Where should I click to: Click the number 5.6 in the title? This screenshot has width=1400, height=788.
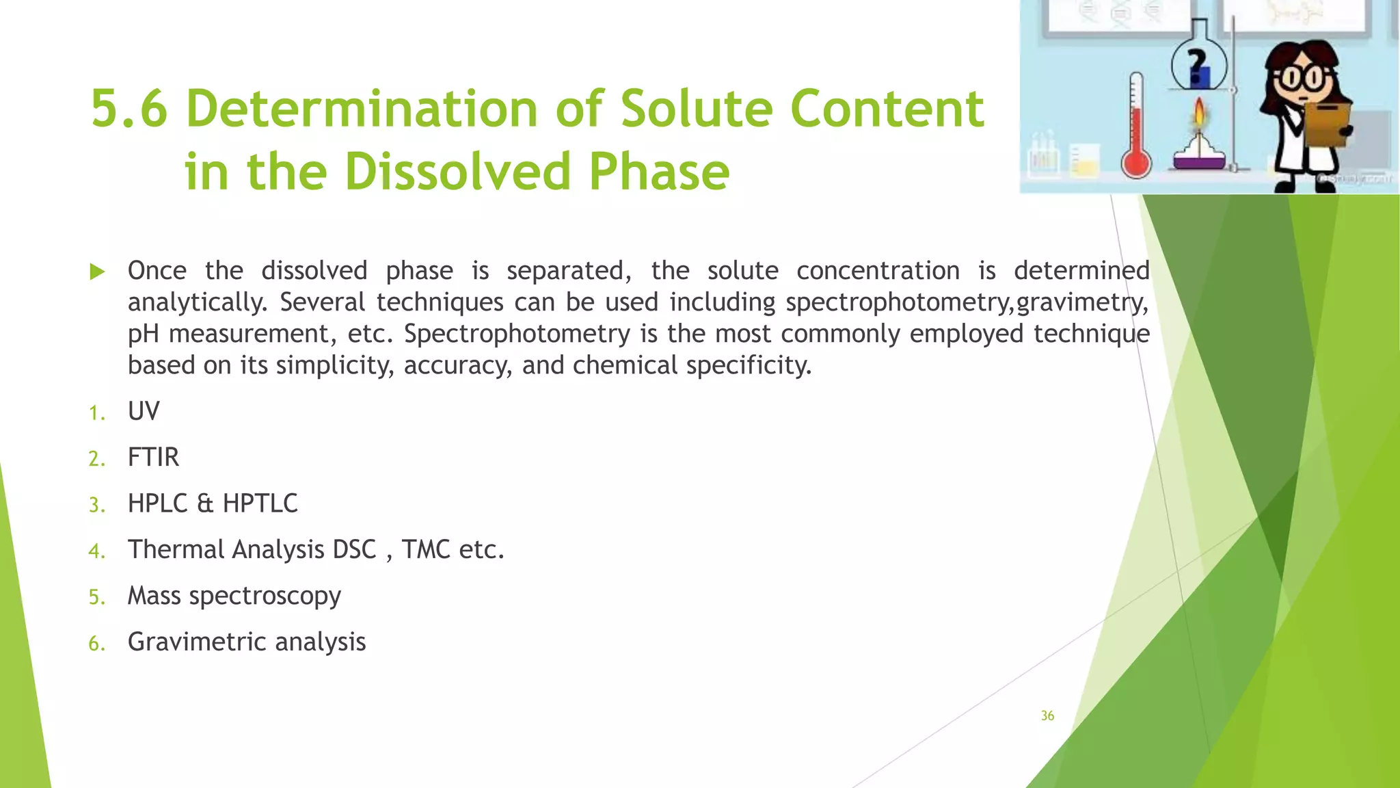coord(129,109)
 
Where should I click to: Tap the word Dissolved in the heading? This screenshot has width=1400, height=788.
coord(457,172)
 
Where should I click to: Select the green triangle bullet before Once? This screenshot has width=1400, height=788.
coord(97,272)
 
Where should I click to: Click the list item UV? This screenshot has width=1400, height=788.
coord(144,412)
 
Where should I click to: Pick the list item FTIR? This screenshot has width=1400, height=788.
coord(153,458)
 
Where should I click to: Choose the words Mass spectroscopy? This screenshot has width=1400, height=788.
coord(234,596)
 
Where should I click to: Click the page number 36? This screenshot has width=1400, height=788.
coord(1047,716)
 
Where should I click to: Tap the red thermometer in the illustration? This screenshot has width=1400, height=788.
coord(1136,130)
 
